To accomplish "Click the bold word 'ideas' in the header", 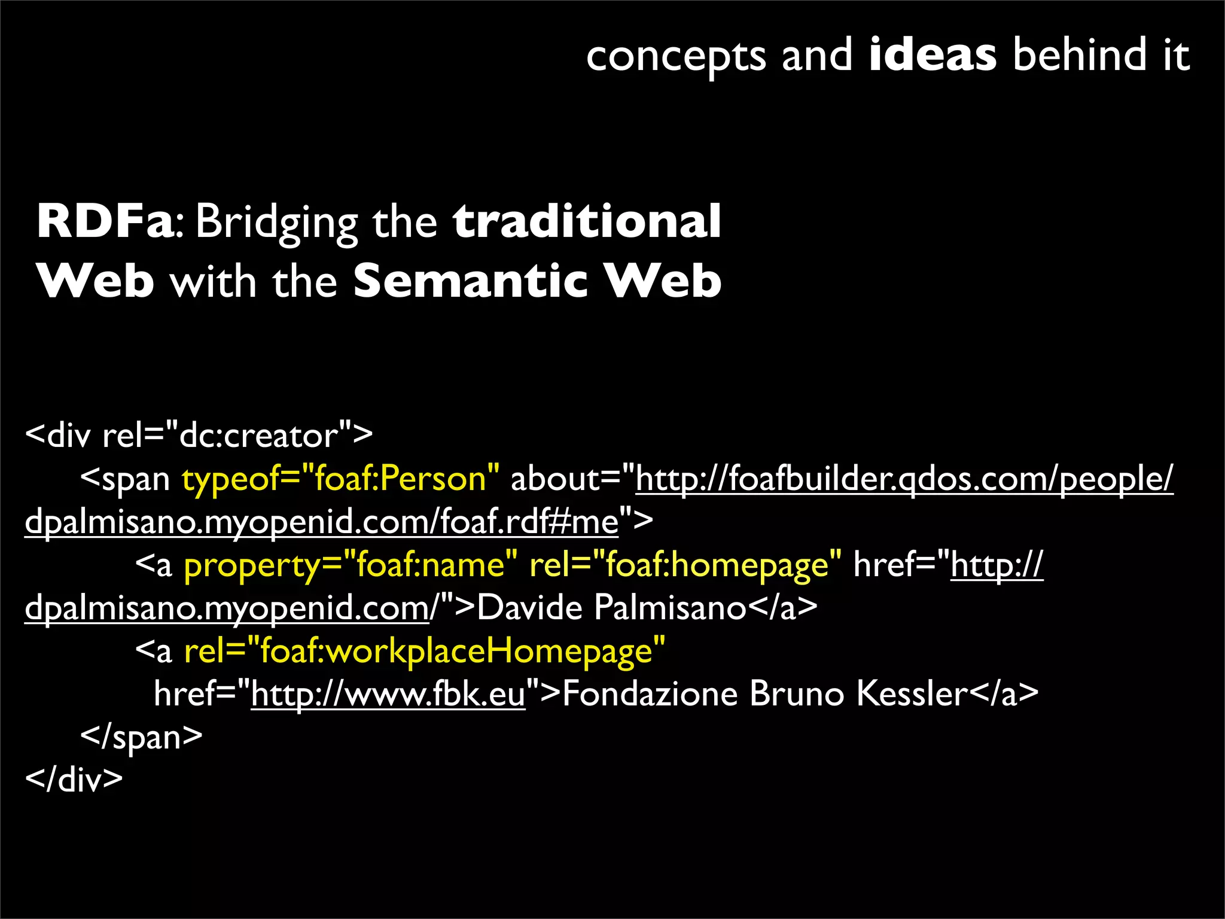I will [x=933, y=54].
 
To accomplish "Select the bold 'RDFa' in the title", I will [x=105, y=221].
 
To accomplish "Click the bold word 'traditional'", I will [x=587, y=221].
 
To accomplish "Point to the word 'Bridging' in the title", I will [x=277, y=223].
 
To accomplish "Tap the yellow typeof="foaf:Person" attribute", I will [x=340, y=479].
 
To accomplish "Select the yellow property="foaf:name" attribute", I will [x=351, y=565].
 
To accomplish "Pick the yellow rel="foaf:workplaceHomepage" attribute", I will [x=425, y=651].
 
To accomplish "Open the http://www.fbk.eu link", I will [x=388, y=694].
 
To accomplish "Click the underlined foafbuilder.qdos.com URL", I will [x=904, y=479].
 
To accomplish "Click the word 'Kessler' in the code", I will [x=912, y=694].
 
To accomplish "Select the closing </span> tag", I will [x=142, y=737].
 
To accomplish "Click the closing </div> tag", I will [x=74, y=780].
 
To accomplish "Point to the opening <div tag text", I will [x=59, y=436].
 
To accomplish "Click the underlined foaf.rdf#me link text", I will [x=529, y=522].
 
